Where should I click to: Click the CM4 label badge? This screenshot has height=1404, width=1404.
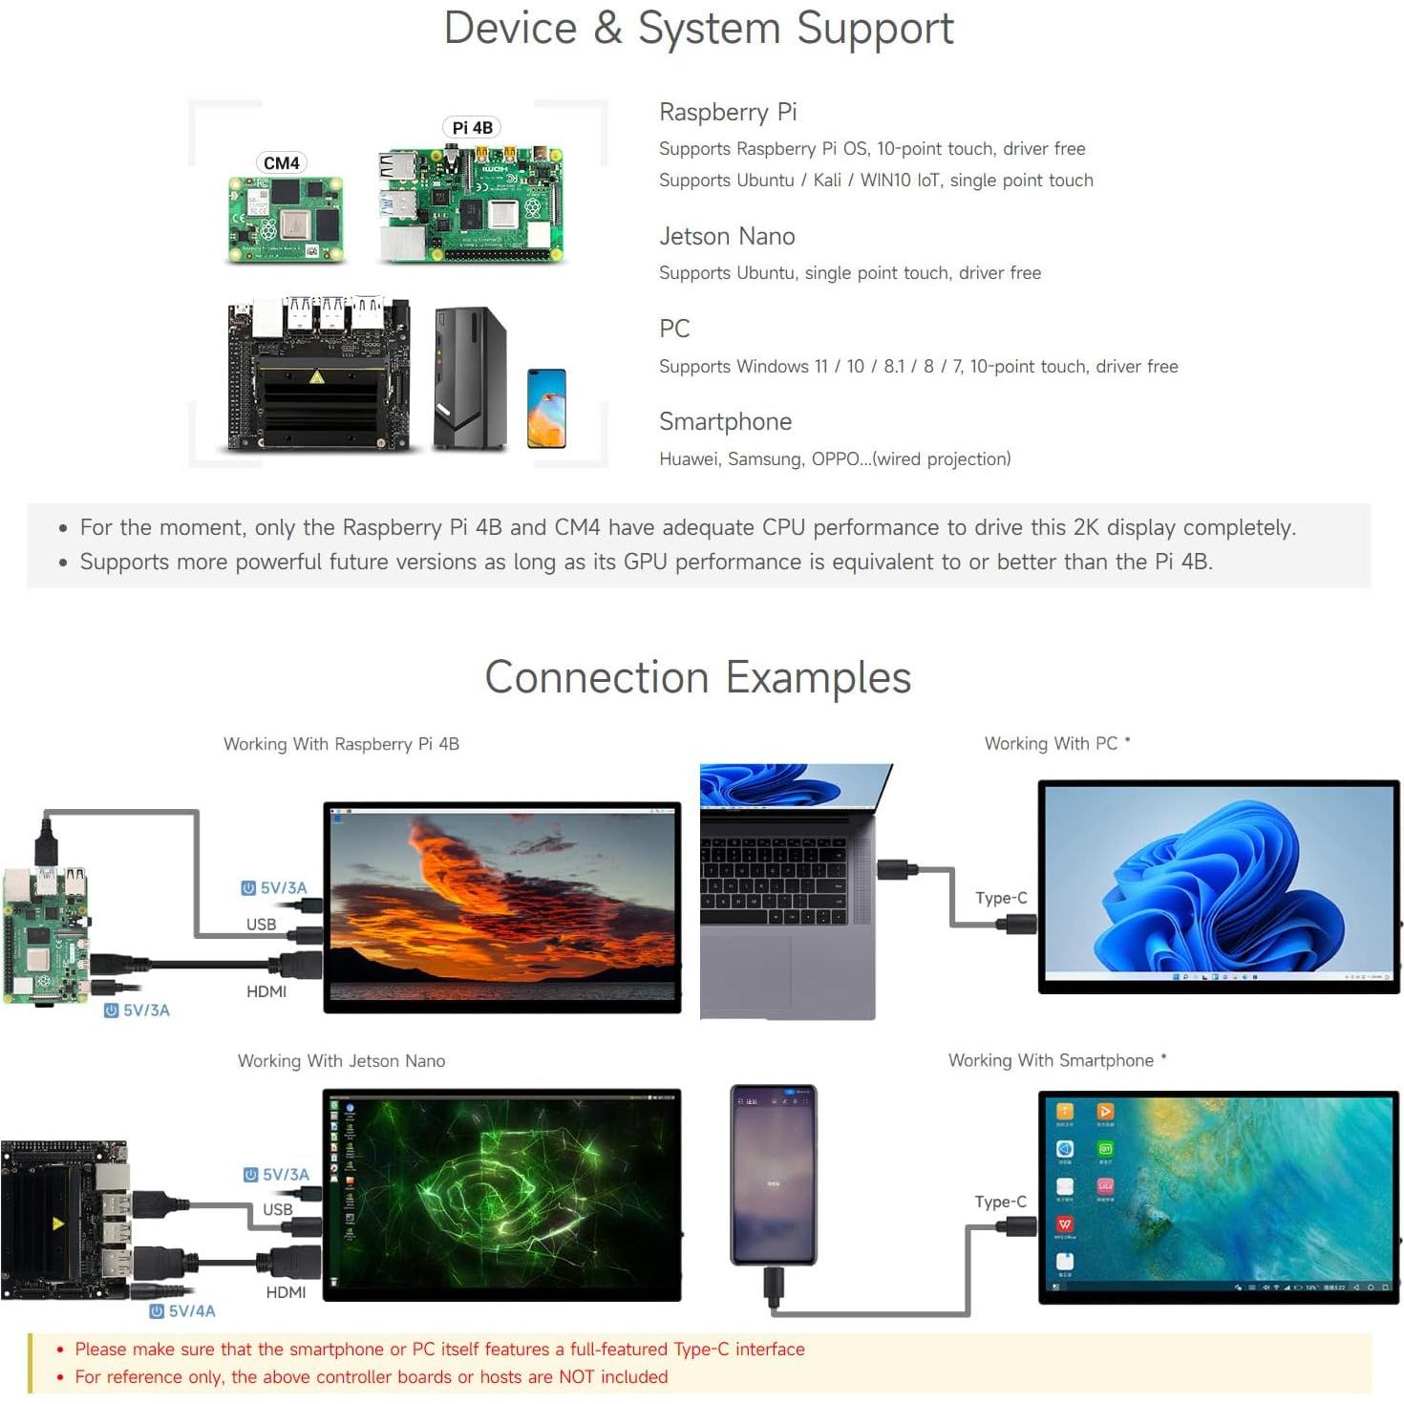(x=281, y=163)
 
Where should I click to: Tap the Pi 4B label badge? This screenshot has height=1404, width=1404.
(x=472, y=128)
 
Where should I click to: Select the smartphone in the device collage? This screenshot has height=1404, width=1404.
(x=546, y=408)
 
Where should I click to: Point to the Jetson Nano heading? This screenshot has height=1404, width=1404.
(x=727, y=236)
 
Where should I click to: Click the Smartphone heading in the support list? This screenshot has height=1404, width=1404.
(x=725, y=421)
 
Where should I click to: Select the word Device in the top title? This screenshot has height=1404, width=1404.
(x=510, y=28)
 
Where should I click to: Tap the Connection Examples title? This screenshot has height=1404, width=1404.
(x=697, y=677)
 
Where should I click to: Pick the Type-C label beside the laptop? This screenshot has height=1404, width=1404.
(x=1001, y=898)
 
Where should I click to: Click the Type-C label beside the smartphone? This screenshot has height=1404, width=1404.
(x=1000, y=1202)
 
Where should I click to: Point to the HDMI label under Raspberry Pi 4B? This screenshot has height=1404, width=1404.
(x=266, y=991)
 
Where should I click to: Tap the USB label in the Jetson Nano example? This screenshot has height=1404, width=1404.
(x=278, y=1209)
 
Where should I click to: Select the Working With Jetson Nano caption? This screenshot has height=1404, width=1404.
(x=341, y=1061)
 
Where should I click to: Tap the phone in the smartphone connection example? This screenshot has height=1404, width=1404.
(x=773, y=1174)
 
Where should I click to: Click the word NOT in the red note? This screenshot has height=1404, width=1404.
(x=576, y=1376)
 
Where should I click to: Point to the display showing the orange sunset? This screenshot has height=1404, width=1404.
(x=502, y=906)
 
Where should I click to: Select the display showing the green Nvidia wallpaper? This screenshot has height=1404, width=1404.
(x=502, y=1194)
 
